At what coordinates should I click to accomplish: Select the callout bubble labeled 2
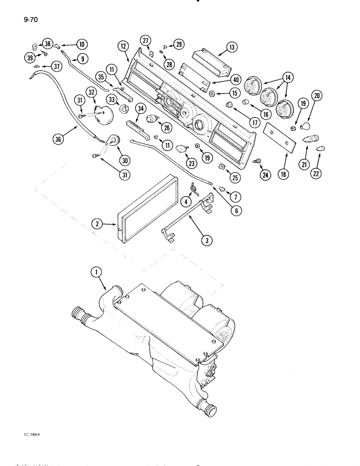click(97, 225)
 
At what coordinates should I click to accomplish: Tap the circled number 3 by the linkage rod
click(204, 241)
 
